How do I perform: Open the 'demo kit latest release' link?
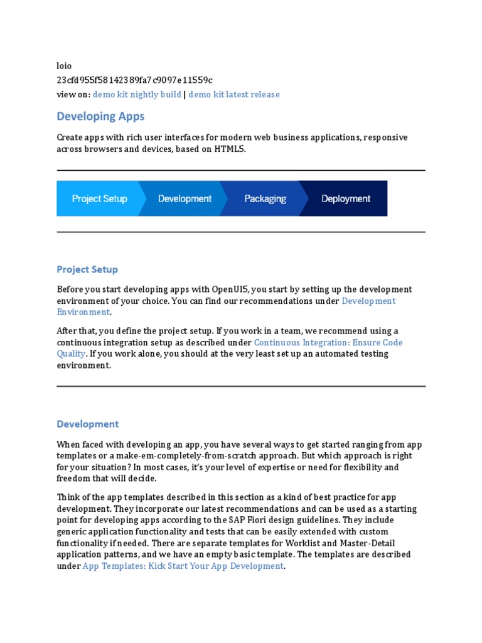click(x=234, y=95)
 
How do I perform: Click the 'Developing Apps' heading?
click(x=100, y=116)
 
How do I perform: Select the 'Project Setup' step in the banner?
click(x=100, y=198)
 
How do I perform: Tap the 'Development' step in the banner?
click(x=185, y=198)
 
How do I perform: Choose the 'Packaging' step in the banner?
click(x=265, y=198)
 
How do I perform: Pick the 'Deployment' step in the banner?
click(x=346, y=198)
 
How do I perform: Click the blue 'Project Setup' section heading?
click(x=87, y=269)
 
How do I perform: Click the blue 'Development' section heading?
click(x=87, y=424)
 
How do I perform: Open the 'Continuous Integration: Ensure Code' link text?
click(x=328, y=342)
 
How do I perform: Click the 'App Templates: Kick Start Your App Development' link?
click(x=183, y=566)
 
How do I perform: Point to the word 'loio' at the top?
click(x=64, y=66)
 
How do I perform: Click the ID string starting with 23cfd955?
click(x=134, y=80)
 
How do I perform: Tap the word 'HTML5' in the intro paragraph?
click(x=229, y=149)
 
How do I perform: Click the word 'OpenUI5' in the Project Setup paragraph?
click(x=230, y=289)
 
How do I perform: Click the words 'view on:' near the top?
click(x=73, y=95)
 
